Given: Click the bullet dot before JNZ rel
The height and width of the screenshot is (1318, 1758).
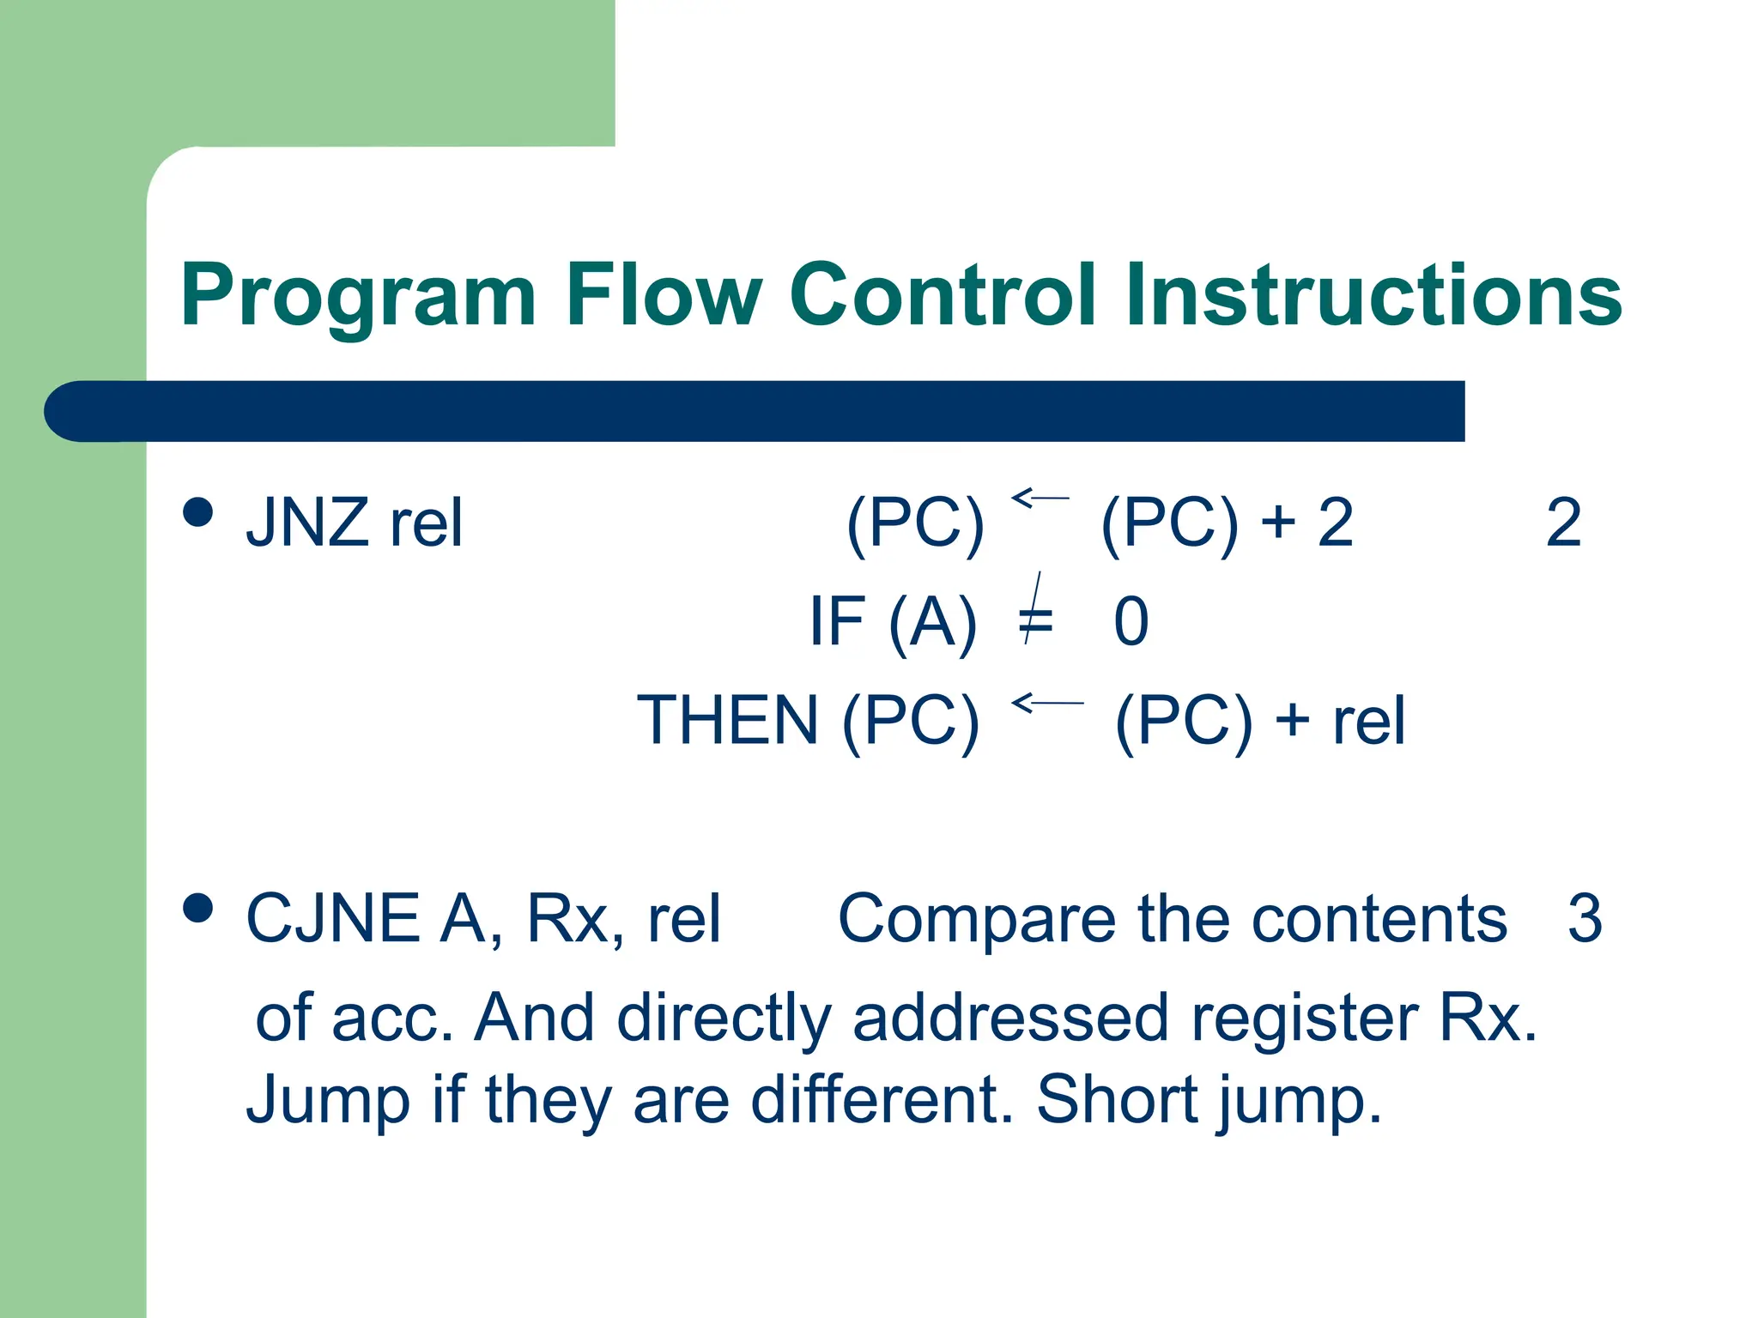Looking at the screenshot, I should tap(198, 512).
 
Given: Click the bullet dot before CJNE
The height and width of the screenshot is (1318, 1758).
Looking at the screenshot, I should tap(198, 908).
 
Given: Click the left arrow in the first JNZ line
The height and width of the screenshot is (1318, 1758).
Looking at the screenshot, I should tap(1040, 498).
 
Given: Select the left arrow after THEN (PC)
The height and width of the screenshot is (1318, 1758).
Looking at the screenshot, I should tap(1046, 704).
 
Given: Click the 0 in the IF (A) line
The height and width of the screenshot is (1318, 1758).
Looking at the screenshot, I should tap(1131, 621).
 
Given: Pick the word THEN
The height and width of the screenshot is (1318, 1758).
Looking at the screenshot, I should tap(728, 720).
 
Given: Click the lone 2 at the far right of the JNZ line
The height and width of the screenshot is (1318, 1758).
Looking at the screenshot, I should tap(1563, 523).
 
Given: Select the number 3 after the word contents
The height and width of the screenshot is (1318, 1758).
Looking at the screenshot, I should tap(1584, 918).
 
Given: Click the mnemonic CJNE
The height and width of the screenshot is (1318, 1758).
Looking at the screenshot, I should tap(333, 918).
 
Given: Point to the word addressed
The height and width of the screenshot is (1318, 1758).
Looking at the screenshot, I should tap(1010, 1018).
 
